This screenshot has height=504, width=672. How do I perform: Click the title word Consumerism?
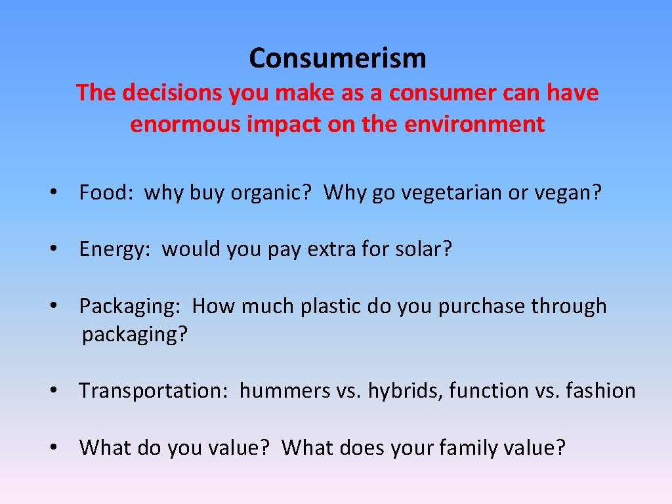tap(337, 58)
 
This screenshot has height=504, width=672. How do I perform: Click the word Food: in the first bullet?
tap(106, 193)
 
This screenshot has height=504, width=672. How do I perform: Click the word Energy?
tap(115, 249)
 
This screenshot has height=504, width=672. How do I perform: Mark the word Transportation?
tap(154, 390)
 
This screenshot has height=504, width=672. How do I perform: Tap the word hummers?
tap(285, 390)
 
